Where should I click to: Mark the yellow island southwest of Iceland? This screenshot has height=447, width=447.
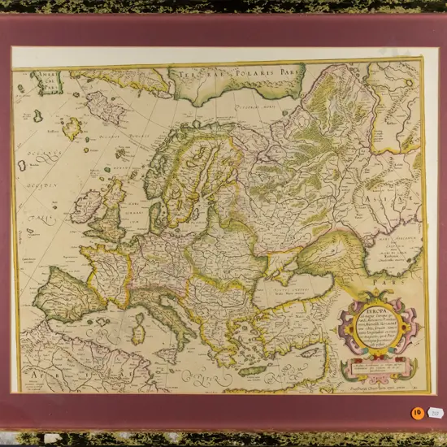click(x=74, y=128)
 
